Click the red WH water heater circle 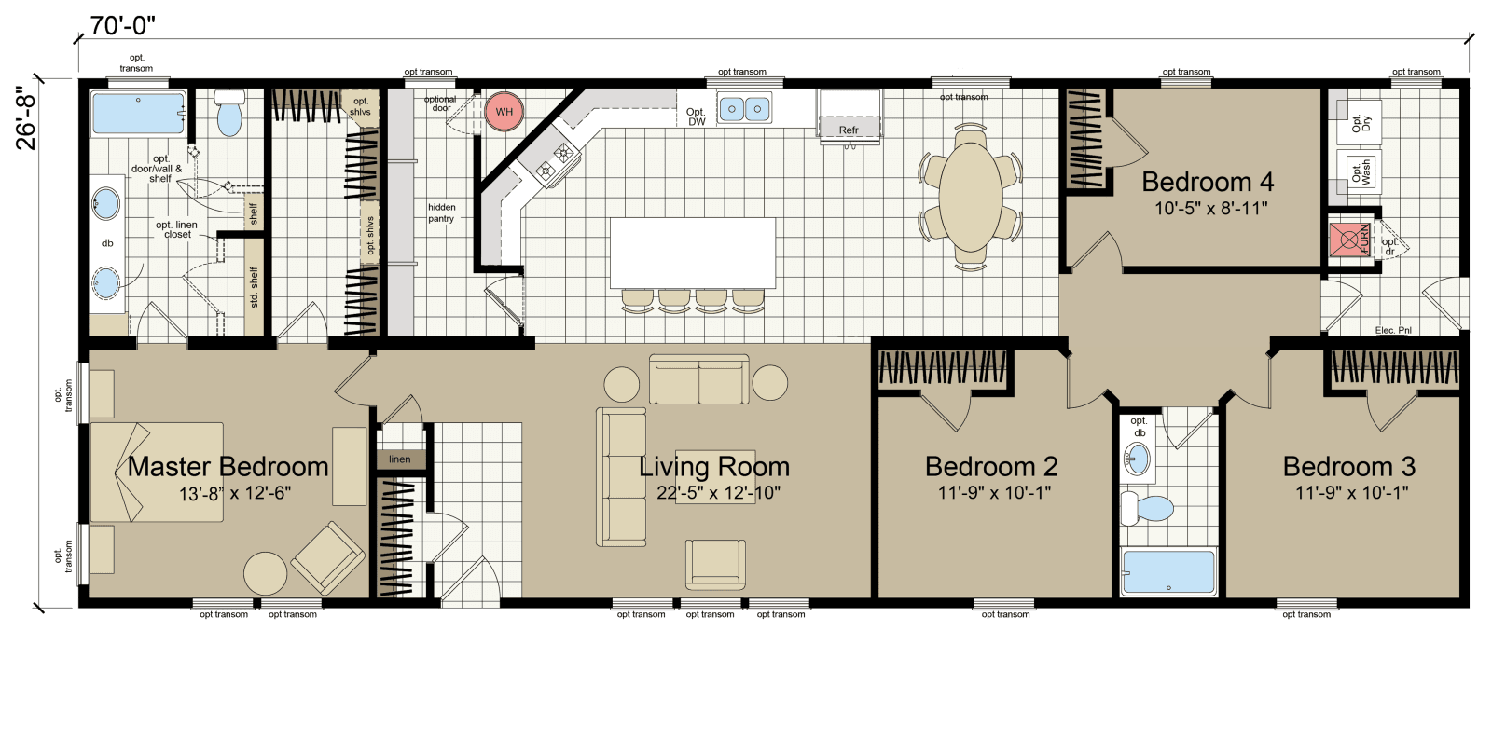pyautogui.click(x=504, y=112)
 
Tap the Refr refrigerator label pyautogui.click(x=848, y=130)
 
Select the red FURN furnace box pyautogui.click(x=1349, y=240)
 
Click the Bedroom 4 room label pyautogui.click(x=1208, y=182)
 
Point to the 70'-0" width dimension pyautogui.click(x=122, y=25)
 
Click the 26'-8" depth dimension pyautogui.click(x=27, y=117)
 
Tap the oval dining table pyautogui.click(x=970, y=197)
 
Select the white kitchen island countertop pyautogui.click(x=692, y=253)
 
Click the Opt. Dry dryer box pyautogui.click(x=1360, y=123)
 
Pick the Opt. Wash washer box pyautogui.click(x=1360, y=171)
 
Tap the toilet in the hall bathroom pyautogui.click(x=1148, y=509)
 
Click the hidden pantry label pyautogui.click(x=441, y=213)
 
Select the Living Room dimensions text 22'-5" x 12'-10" pyautogui.click(x=718, y=493)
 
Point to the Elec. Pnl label pyautogui.click(x=1393, y=330)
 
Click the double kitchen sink pyautogui.click(x=744, y=110)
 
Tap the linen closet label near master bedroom pyautogui.click(x=400, y=459)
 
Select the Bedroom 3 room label pyautogui.click(x=1348, y=466)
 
